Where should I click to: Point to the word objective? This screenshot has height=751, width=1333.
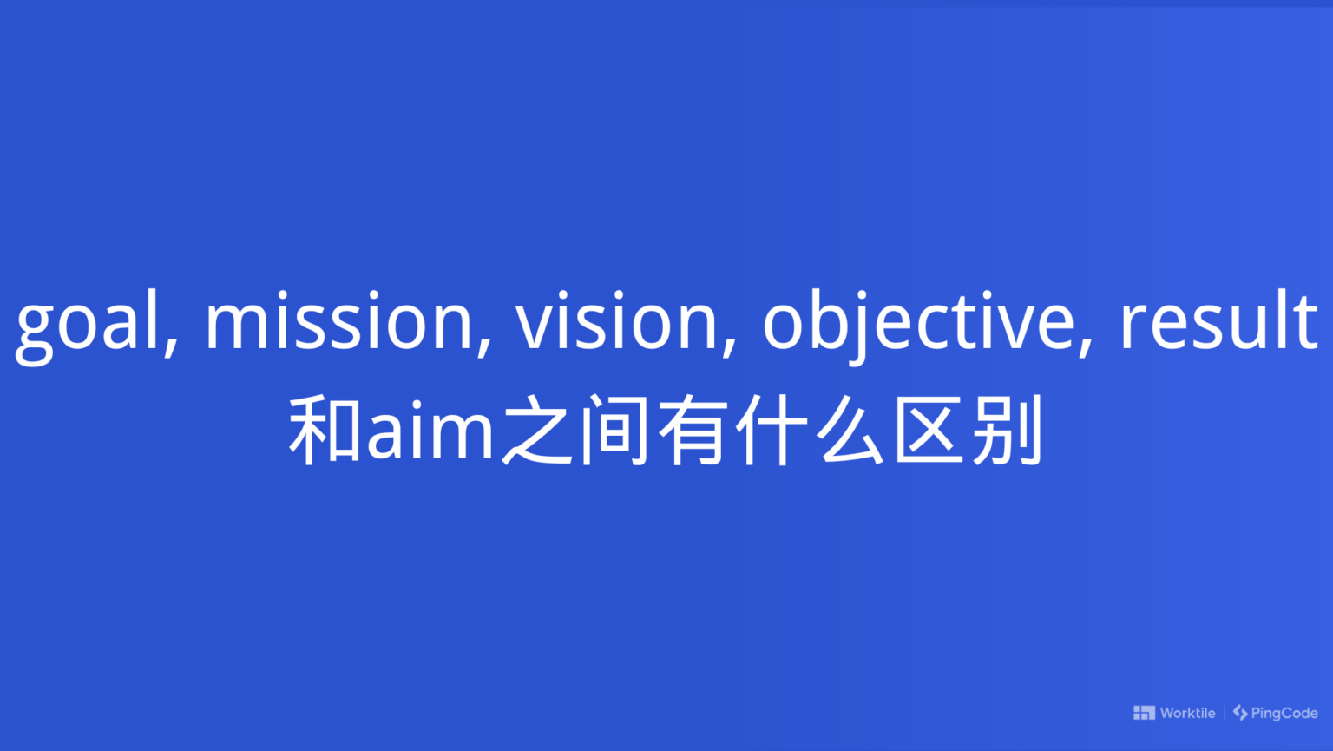917,323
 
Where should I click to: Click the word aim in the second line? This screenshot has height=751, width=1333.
430,431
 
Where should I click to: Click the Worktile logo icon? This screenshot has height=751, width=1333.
1144,713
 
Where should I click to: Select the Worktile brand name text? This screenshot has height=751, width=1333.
1187,713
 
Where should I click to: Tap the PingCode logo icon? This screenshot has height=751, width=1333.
1240,713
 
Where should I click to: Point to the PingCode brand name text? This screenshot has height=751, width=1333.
1284,713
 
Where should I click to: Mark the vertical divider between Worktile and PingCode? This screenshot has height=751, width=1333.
1225,713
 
